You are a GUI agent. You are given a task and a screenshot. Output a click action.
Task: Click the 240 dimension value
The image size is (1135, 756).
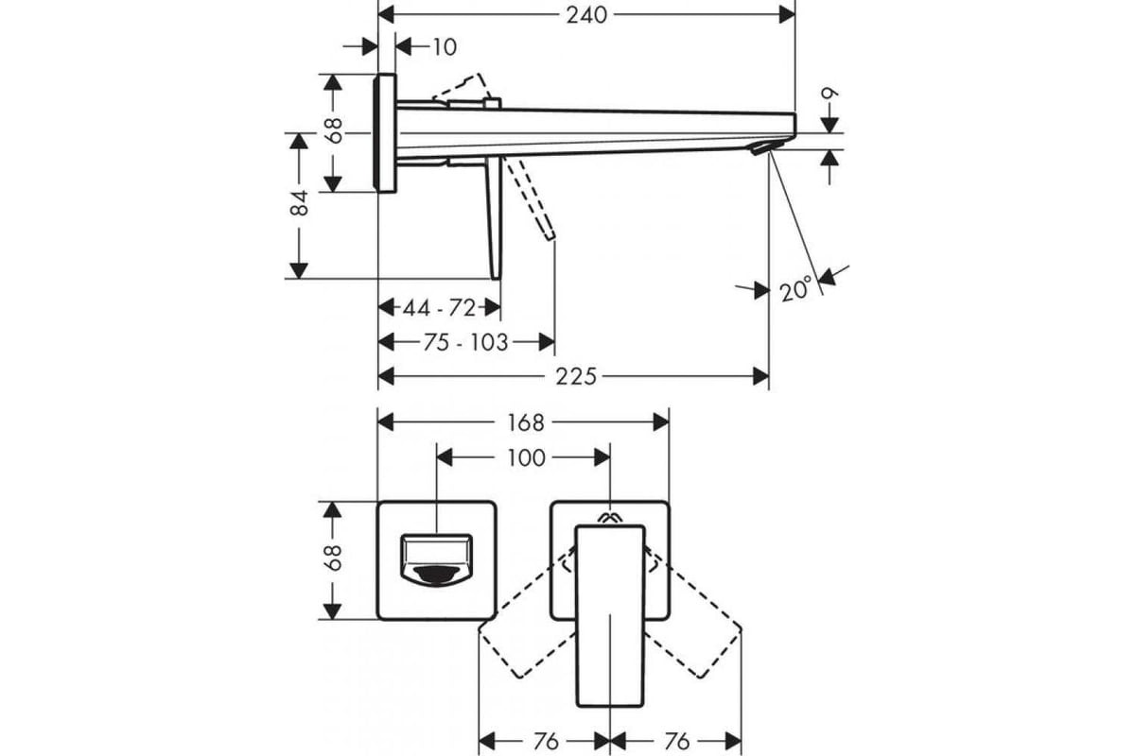coord(586,15)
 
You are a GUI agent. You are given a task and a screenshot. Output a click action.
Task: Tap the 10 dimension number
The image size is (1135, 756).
coord(445,47)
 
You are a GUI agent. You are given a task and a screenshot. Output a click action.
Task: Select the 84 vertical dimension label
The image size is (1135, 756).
coord(300,202)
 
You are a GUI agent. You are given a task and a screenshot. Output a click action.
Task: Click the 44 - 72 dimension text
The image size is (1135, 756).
coord(439,308)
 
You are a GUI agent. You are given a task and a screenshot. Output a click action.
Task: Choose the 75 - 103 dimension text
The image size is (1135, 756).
coord(465,343)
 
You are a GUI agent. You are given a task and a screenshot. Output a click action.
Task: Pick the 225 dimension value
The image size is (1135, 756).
coord(576,377)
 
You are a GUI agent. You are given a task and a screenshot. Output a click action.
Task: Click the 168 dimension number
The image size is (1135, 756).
coord(526,422)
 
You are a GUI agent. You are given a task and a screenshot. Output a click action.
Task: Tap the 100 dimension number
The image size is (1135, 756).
coord(527,458)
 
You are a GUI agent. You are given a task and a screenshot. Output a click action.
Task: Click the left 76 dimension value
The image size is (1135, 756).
coord(546,742)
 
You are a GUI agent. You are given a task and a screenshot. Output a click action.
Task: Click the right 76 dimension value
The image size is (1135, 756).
coord(677,742)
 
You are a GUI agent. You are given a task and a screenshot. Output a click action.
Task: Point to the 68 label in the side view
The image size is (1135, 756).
coord(335,130)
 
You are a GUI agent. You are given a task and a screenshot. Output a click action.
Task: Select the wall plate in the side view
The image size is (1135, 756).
coord(385,133)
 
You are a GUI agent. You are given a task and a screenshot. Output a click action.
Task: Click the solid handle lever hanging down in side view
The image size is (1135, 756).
coord(494,218)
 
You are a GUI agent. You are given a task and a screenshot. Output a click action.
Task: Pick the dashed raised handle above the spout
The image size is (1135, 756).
coord(463,90)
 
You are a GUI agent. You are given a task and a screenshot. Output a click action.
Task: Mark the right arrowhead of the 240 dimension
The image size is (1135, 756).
coord(787,15)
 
